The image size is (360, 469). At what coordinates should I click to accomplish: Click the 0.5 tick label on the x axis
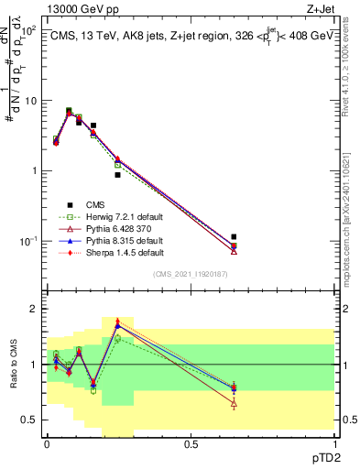tap(191, 442)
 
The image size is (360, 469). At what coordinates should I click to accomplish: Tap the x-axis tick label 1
tap(334, 442)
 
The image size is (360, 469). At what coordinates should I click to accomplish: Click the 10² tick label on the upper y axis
tap(28, 31)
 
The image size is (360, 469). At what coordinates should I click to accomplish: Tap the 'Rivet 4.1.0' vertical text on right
tap(353, 64)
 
